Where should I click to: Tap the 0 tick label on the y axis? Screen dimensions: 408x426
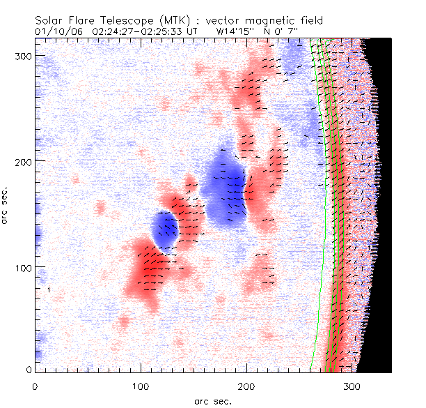pyautogui.click(x=28, y=370)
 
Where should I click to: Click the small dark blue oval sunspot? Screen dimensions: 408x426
pyautogui.click(x=165, y=229)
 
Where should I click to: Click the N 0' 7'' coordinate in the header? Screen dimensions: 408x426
pyautogui.click(x=287, y=31)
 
